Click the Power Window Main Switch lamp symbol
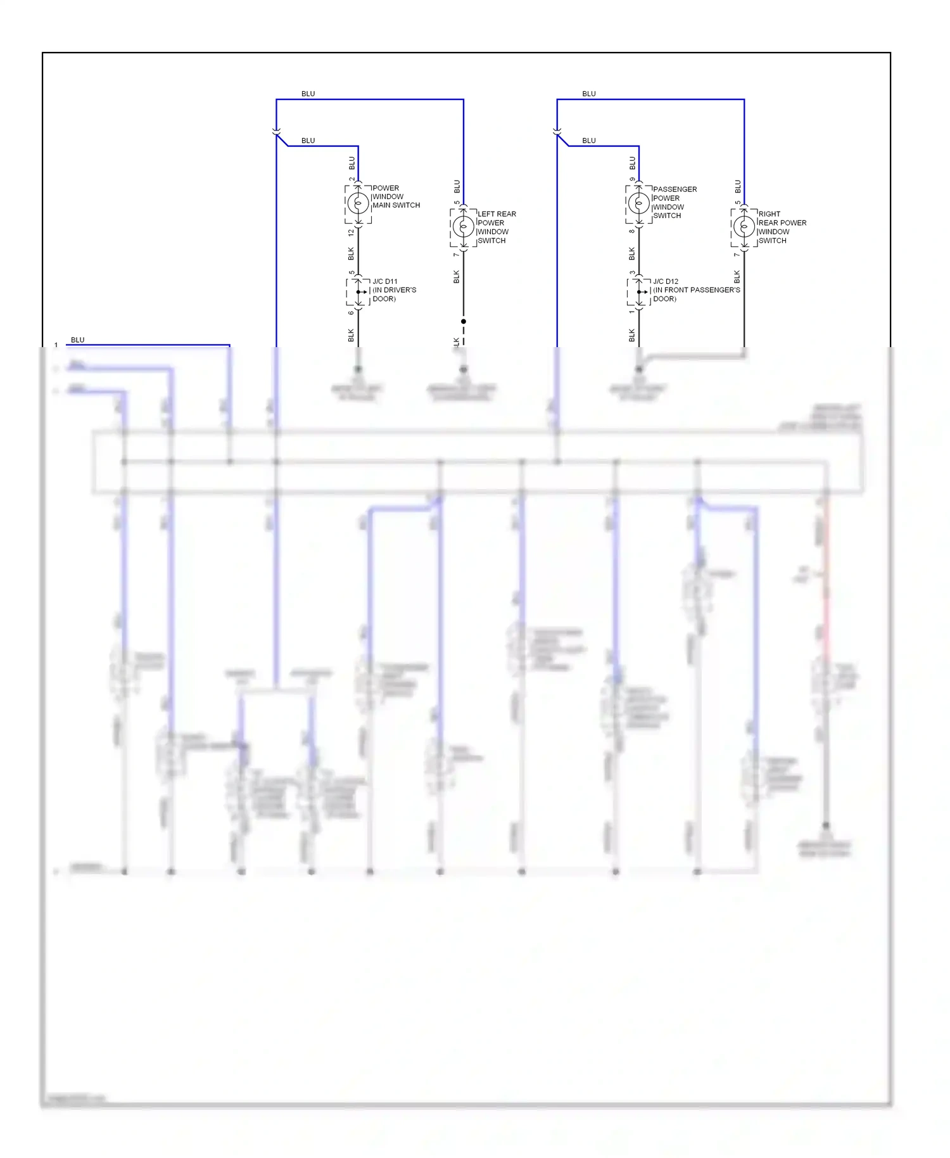358,203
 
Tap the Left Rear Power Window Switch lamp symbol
463,226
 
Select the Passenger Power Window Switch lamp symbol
638,203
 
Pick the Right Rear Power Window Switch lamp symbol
744,226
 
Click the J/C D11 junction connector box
358,291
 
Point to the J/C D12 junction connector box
639,291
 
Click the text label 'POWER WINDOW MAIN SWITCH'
396,196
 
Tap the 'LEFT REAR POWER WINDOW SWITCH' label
496,227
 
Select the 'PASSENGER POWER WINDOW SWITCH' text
674,202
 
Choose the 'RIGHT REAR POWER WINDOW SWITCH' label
782,227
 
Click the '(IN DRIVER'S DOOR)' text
394,295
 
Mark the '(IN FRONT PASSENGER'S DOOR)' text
696,295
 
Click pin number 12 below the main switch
351,232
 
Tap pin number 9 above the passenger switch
632,179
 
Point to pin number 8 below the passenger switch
631,231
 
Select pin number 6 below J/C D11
351,312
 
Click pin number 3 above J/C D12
632,273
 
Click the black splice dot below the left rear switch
464,321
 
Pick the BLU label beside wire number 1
77,340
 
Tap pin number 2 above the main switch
351,179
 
